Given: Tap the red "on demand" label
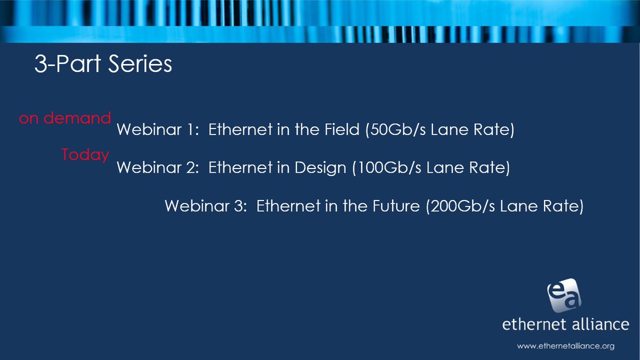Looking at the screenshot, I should [65, 118].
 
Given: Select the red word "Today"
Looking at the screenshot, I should [85, 155].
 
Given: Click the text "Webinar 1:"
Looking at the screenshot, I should [157, 131].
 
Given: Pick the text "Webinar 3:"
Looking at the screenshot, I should [205, 206].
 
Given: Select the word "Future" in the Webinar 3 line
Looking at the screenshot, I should [395, 206].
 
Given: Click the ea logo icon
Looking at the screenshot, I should [564, 297].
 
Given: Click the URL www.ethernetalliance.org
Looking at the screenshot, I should [566, 346].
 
